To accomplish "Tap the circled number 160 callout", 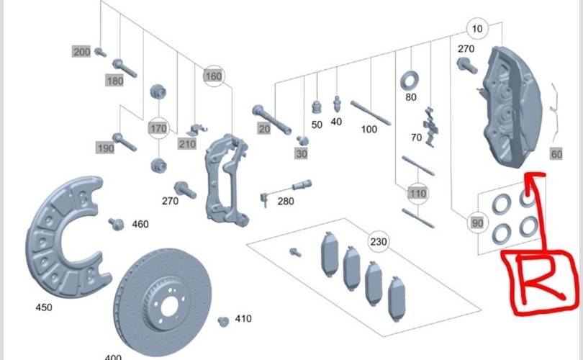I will pyautogui.click(x=213, y=76).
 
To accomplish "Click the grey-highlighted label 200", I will pyautogui.click(x=81, y=52).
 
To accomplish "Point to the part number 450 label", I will pyautogui.click(x=44, y=307).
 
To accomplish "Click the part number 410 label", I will pyautogui.click(x=243, y=318).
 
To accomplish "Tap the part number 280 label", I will pyautogui.click(x=285, y=201).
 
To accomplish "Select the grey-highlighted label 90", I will pyautogui.click(x=476, y=223).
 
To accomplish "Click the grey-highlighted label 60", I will pyautogui.click(x=556, y=155).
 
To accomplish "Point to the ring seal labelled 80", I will pyautogui.click(x=411, y=78).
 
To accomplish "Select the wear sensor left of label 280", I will pyautogui.click(x=263, y=195).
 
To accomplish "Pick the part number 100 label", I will pyautogui.click(x=369, y=130).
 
